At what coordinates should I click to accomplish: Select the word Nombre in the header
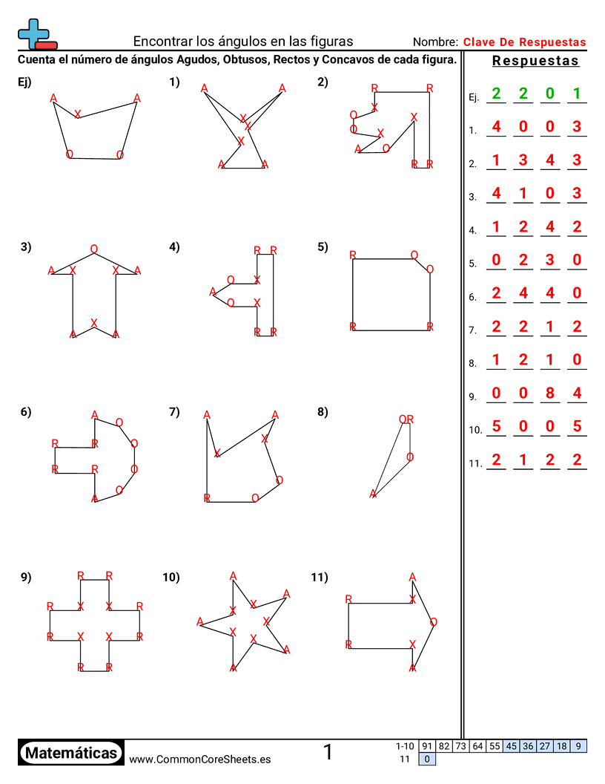coord(434,42)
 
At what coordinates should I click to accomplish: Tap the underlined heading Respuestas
coord(535,61)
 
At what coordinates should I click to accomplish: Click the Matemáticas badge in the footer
coord(71,753)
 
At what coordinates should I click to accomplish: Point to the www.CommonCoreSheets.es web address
coord(199,759)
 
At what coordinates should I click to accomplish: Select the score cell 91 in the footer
coord(427,746)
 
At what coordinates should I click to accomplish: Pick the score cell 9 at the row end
coord(578,746)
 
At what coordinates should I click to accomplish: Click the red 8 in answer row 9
coord(549,393)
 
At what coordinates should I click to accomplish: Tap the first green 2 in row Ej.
coord(496,94)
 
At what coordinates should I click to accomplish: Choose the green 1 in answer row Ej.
coord(577,94)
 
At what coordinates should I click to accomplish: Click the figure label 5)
coord(323,247)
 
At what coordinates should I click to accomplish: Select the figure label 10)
coord(171,577)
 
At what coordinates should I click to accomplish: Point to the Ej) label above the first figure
coord(24,82)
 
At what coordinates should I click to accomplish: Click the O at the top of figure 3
coord(94,249)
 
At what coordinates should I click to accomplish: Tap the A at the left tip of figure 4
coord(213,291)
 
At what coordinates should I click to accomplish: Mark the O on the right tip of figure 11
coord(433,622)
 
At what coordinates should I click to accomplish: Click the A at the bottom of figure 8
coord(374,494)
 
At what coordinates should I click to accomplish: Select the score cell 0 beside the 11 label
coord(427,759)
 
